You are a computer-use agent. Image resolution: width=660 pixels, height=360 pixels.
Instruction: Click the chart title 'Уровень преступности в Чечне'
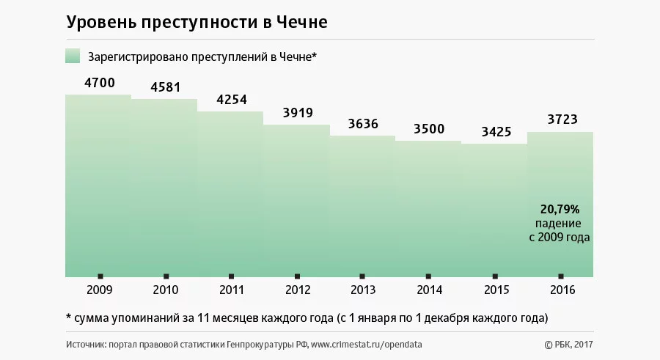pos(197,23)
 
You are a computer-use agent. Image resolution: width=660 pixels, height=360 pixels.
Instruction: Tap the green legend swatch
pos(73,56)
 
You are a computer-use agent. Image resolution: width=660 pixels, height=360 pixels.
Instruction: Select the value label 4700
pos(100,83)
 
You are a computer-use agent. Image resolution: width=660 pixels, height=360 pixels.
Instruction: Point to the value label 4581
pos(165,87)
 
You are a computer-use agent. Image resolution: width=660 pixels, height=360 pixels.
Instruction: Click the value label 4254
pos(232,100)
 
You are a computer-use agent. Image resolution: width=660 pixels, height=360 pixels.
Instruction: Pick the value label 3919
pos(298,113)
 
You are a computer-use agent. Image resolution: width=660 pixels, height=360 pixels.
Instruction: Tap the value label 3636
pos(363,124)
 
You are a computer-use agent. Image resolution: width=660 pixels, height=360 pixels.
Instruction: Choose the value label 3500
pos(429,129)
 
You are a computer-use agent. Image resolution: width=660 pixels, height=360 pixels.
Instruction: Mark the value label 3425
pos(496,132)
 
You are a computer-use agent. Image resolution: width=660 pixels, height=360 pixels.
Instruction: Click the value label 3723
pos(562,120)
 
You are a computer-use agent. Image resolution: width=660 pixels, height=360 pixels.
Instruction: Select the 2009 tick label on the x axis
pos(99,290)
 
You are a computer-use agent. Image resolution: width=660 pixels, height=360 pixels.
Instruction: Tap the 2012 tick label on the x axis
pos(297,290)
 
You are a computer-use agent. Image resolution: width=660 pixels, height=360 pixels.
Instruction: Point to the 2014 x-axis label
pos(429,290)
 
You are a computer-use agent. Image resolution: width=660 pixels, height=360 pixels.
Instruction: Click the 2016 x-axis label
pos(561,290)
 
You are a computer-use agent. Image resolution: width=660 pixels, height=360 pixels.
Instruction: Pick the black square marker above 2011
pos(232,276)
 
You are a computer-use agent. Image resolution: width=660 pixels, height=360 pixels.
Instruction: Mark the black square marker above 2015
pos(496,276)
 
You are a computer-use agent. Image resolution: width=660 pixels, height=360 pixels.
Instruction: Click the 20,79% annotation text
pos(560,209)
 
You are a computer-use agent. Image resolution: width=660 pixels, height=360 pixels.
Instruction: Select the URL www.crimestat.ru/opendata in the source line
pos(367,344)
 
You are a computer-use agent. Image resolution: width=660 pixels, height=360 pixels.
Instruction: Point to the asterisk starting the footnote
pos(68,318)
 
